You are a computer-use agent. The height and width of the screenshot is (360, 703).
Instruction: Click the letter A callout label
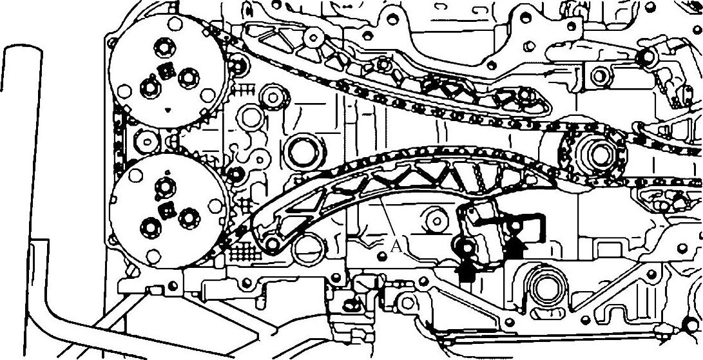tap(396, 245)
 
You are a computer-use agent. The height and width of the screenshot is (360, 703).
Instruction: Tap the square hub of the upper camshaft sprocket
tap(166, 70)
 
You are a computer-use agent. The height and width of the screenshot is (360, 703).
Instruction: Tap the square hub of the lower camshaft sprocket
tap(168, 210)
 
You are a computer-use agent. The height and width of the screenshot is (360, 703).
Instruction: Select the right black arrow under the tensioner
tap(515, 247)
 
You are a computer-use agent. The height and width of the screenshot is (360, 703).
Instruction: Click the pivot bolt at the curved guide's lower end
tap(272, 244)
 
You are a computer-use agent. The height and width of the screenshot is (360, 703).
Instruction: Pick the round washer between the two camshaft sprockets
tap(146, 141)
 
